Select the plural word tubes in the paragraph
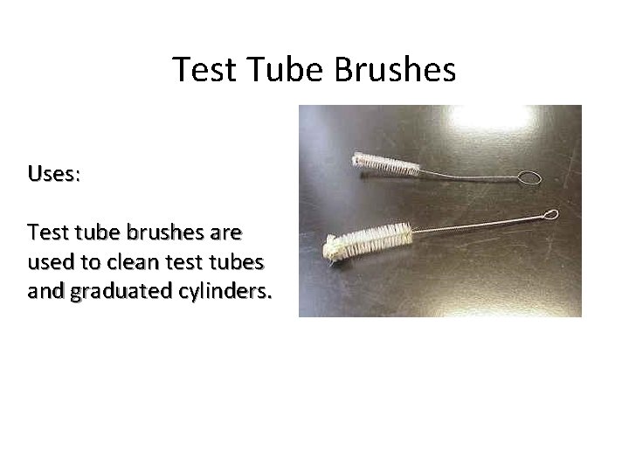coord(239,262)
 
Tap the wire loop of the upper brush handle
coord(528,178)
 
